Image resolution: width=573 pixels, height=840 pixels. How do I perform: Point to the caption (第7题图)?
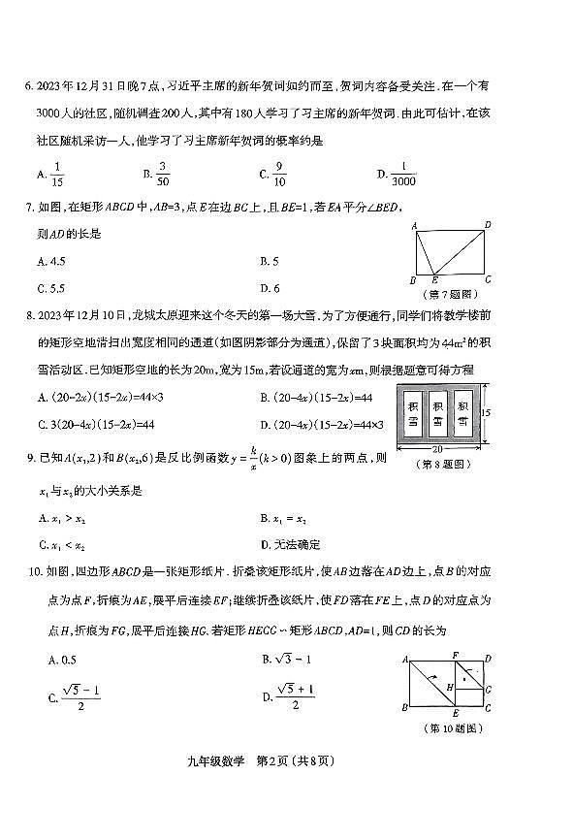point(448,293)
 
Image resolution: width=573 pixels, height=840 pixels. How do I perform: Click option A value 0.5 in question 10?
point(50,660)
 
